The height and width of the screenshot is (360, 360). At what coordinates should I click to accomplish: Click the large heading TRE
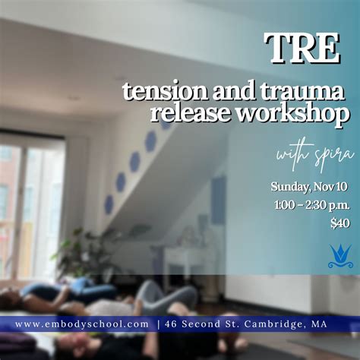[302, 50]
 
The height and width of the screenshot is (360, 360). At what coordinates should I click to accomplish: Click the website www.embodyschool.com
[82, 325]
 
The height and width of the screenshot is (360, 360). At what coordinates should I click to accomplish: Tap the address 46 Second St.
[200, 325]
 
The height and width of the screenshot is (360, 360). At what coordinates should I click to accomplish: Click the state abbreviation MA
[320, 325]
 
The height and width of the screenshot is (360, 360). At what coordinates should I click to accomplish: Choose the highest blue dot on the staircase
[165, 122]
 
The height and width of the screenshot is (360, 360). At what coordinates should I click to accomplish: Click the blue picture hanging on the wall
[219, 199]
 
